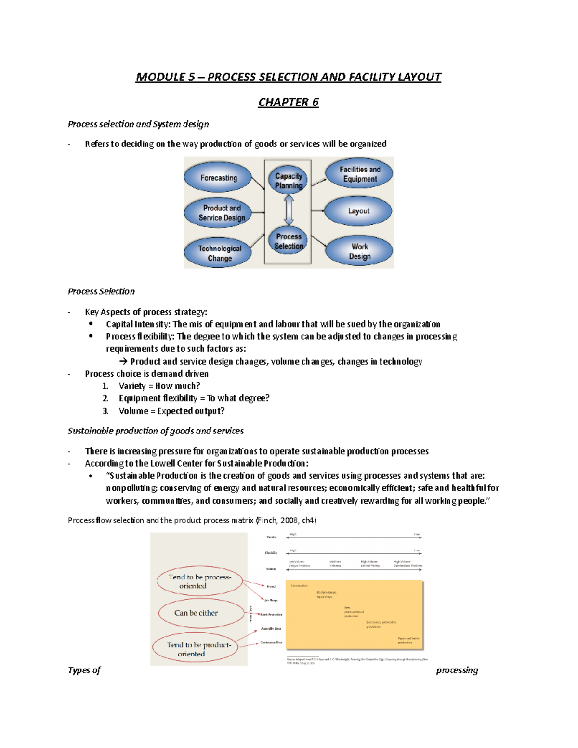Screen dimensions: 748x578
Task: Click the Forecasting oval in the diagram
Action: tap(218, 178)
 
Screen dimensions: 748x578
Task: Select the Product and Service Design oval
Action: tap(222, 212)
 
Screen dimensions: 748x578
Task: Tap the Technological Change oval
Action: tap(219, 253)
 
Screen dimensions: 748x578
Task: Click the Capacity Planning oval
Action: tap(289, 181)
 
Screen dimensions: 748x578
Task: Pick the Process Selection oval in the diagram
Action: tap(289, 241)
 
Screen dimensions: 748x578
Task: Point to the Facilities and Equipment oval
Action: tap(359, 174)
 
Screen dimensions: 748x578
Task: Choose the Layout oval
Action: tap(358, 211)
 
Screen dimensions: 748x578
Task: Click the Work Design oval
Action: tap(359, 251)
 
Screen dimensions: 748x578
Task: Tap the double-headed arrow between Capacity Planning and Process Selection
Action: tap(289, 210)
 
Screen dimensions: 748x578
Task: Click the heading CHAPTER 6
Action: tap(288, 102)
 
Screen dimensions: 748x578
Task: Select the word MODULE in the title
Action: tap(154, 77)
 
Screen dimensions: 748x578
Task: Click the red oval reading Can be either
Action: tap(196, 613)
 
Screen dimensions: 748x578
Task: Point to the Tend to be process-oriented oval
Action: tap(199, 581)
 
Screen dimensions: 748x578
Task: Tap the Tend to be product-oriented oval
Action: tap(196, 649)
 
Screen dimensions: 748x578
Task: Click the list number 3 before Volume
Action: tap(105, 411)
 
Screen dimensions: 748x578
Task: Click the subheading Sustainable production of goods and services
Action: tap(156, 431)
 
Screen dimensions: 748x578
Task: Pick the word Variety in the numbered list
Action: tap(132, 386)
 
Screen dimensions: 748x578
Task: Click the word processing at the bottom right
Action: tap(457, 670)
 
